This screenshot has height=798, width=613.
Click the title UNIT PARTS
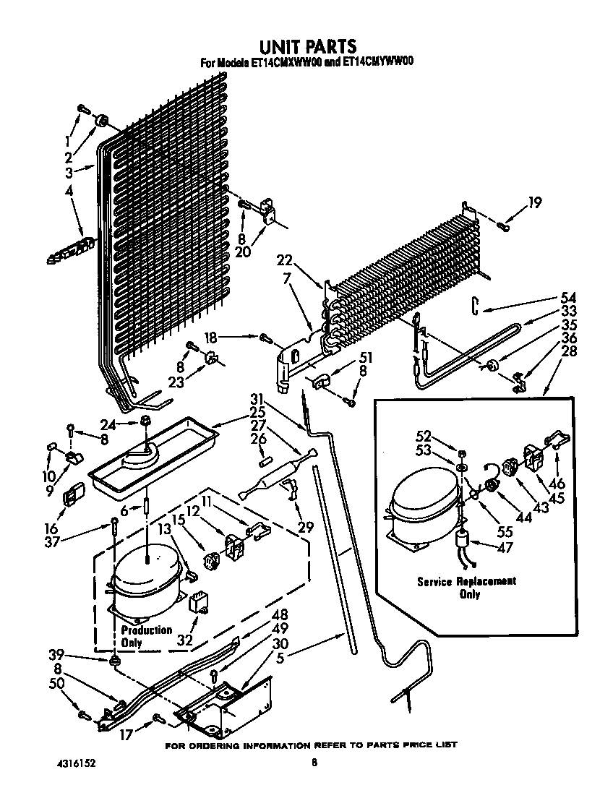tap(306, 48)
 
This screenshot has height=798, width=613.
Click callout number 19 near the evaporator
tap(534, 203)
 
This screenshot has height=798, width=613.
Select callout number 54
tap(569, 297)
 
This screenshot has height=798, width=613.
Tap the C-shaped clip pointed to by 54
tap(475, 306)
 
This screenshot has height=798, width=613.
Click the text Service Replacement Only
tap(466, 588)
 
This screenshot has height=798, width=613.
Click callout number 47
tap(505, 548)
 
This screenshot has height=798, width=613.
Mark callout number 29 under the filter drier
tap(306, 527)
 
